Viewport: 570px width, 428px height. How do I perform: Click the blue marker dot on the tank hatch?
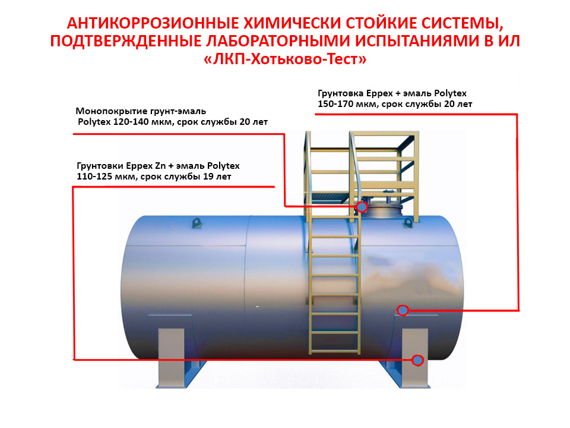coord(362,207)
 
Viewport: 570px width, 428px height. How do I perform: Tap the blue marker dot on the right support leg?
coord(417,360)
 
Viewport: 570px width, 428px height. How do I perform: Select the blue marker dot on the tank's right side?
coord(403,310)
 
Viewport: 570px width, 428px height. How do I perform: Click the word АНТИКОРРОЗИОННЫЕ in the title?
coord(153,23)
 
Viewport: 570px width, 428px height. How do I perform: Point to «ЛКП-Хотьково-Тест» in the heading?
coord(285,59)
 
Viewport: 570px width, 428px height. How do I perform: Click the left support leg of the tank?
coord(171,358)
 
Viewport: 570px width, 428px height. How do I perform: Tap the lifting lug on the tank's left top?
coord(197,223)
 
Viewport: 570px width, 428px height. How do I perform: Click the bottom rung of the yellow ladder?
coord(334,350)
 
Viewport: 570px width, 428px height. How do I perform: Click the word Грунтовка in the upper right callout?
coord(341,93)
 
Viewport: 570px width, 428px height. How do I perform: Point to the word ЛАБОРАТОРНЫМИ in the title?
coord(278,41)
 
